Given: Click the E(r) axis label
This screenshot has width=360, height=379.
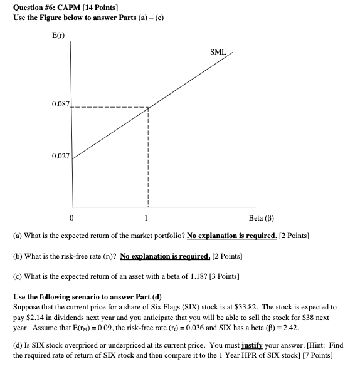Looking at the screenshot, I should pyautogui.click(x=58, y=31).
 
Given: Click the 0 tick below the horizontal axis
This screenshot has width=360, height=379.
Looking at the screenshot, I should pyautogui.click(x=72, y=219).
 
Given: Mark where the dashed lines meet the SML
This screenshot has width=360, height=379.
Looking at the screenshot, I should pyautogui.click(x=148, y=108).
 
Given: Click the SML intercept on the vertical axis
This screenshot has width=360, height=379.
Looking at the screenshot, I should pyautogui.click(x=73, y=159).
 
